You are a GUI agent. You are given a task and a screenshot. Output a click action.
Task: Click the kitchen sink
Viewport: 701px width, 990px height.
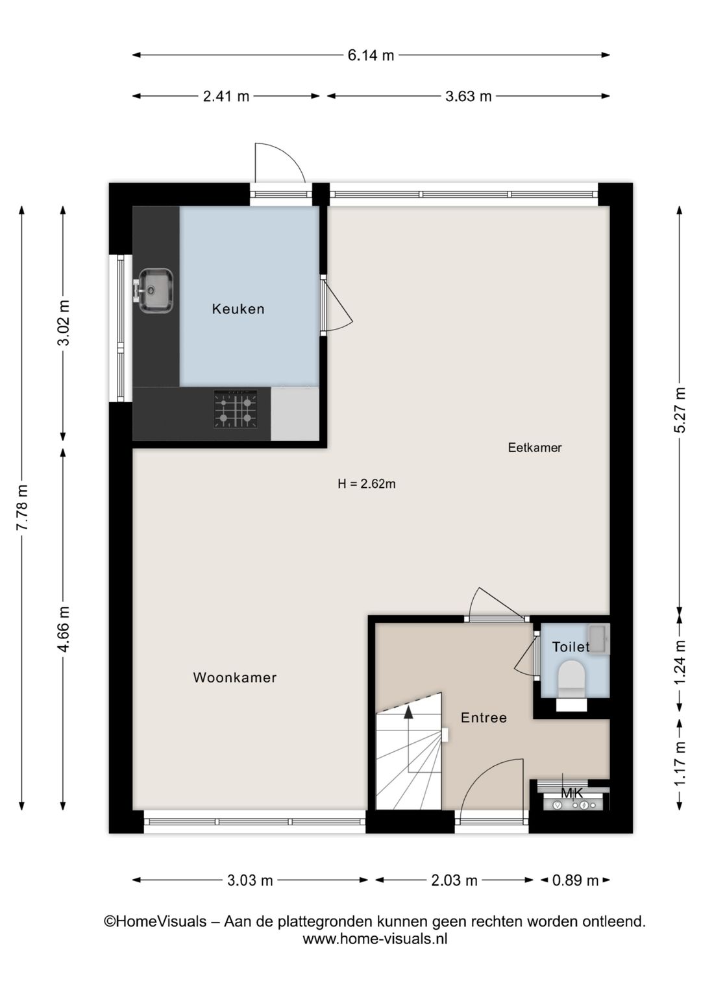point(155,290)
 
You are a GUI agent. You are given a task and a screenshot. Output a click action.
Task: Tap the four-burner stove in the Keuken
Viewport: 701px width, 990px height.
point(235,409)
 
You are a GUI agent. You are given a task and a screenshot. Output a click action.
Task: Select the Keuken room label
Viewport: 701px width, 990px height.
point(238,309)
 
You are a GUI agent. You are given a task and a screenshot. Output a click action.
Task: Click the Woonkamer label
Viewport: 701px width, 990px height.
point(235,677)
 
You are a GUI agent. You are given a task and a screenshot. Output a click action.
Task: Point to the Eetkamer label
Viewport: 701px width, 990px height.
point(534,448)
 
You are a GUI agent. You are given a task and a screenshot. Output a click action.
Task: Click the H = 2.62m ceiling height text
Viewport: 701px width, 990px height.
point(366,484)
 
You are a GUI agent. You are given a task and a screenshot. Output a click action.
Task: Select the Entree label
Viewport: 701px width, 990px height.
point(484,718)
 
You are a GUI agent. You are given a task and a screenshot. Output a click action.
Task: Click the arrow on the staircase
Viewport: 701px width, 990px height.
point(408,712)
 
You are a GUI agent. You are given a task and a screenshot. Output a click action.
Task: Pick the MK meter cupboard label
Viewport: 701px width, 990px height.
point(572,793)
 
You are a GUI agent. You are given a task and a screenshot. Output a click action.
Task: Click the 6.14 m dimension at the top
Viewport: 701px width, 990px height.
point(371,56)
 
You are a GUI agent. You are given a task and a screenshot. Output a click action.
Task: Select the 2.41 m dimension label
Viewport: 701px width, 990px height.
point(226,97)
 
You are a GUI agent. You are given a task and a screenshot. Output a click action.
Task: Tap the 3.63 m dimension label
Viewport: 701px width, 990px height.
point(468,97)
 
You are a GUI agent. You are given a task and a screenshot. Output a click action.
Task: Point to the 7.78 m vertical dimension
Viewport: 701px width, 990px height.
point(22,507)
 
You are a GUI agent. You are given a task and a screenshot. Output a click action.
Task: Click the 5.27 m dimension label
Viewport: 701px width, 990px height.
point(680,410)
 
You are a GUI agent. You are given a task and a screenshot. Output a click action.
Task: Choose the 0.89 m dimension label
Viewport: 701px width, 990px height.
point(575,880)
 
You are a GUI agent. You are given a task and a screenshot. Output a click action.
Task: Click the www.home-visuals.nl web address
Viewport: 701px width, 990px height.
point(375,938)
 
